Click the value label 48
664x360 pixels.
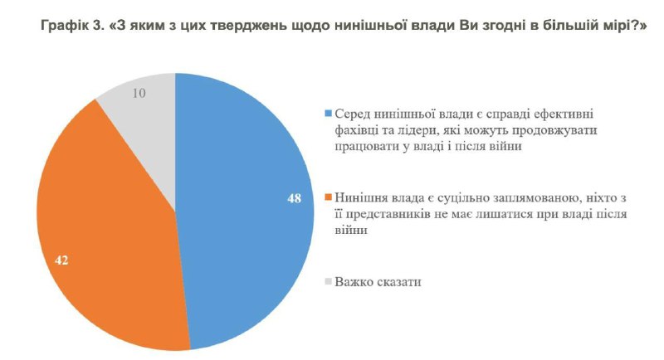294,200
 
